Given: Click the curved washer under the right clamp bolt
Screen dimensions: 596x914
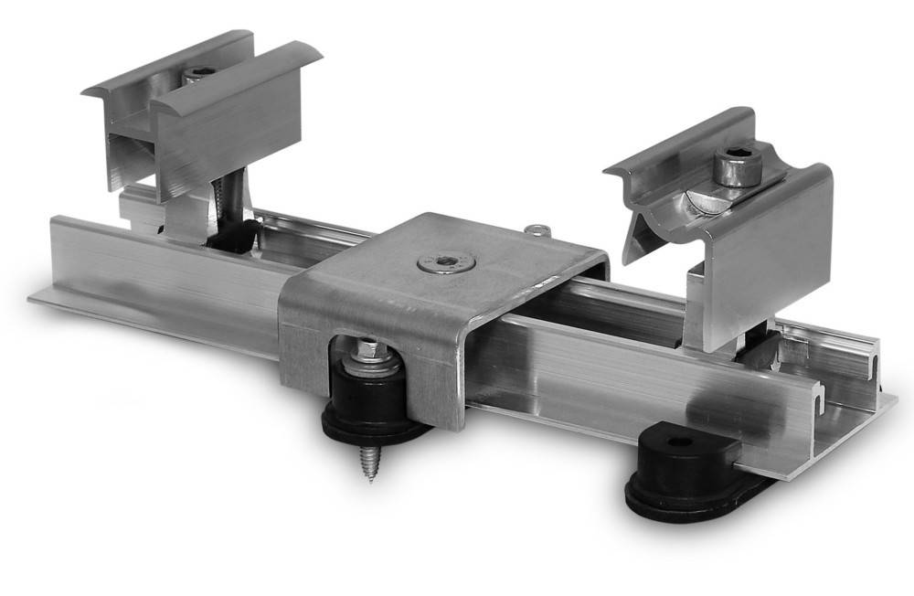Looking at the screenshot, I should tap(708, 200).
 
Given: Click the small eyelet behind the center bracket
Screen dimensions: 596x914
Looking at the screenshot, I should tap(537, 229).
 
